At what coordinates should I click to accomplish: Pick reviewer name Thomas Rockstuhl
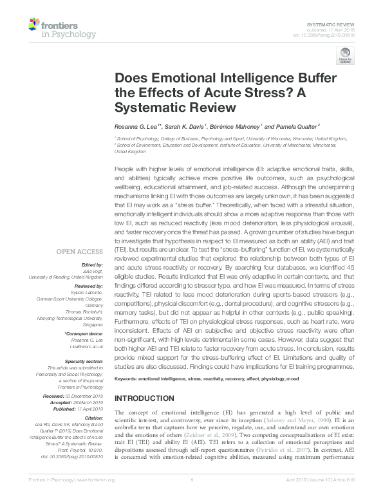84,310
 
